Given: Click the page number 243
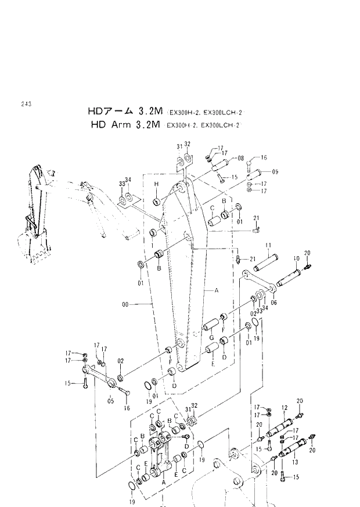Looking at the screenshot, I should point(25,104).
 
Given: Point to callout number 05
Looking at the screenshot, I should point(111,400).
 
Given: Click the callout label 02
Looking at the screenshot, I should point(120,361).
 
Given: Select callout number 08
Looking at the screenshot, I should point(240,158).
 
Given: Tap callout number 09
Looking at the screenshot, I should point(275,172).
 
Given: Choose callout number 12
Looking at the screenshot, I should point(285,407).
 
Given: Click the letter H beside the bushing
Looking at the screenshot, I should point(156,184).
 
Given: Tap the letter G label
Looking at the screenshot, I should point(212,339).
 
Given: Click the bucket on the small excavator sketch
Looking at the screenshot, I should point(32,247).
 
